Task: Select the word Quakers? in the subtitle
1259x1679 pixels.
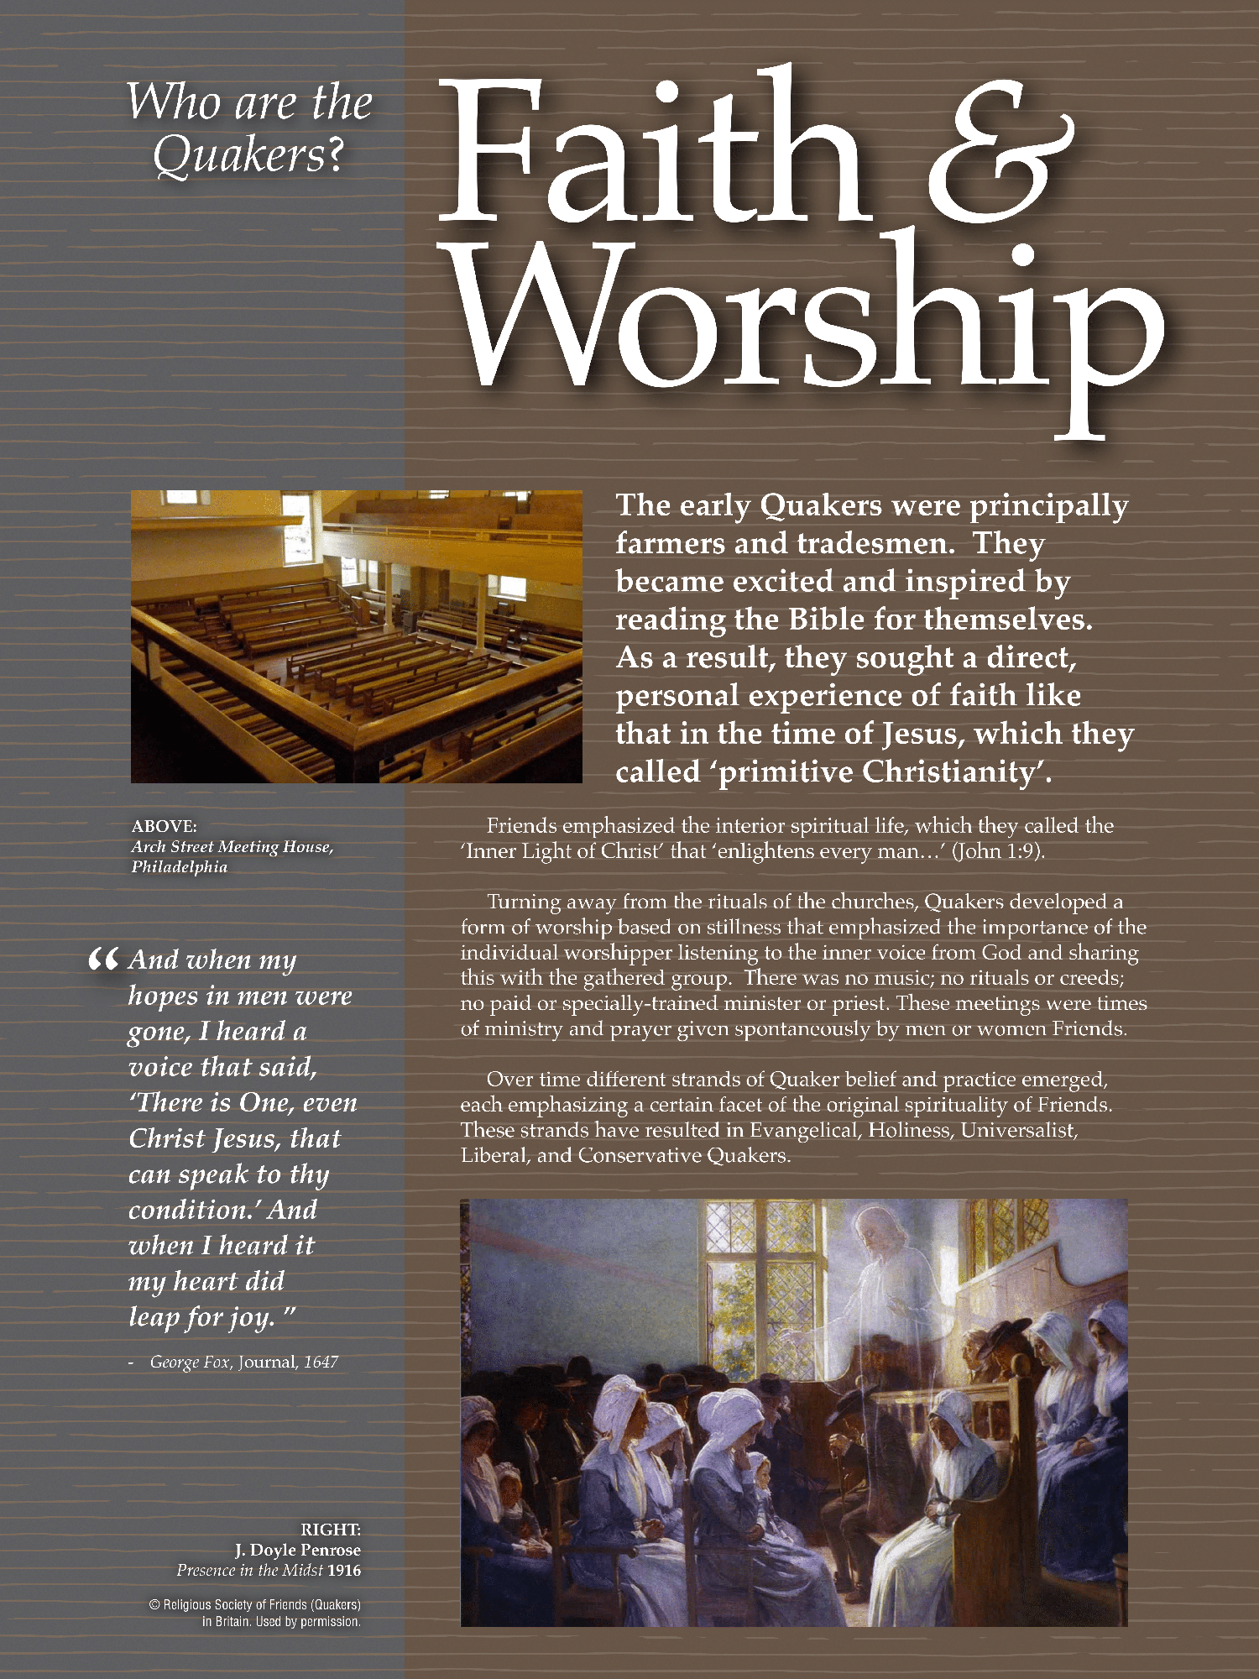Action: (x=248, y=155)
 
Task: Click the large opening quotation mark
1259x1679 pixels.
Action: (x=102, y=960)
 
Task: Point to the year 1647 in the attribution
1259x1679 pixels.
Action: (x=321, y=1362)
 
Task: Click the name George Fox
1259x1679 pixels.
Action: (x=189, y=1362)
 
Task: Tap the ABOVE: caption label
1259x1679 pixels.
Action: (x=165, y=826)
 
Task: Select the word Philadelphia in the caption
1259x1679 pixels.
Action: (x=179, y=867)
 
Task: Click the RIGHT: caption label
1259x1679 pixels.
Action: (x=331, y=1530)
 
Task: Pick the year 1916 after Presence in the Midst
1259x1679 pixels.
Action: (x=344, y=1570)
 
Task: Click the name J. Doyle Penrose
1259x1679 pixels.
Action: (x=297, y=1550)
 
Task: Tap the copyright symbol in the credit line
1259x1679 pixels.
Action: (x=154, y=1604)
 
